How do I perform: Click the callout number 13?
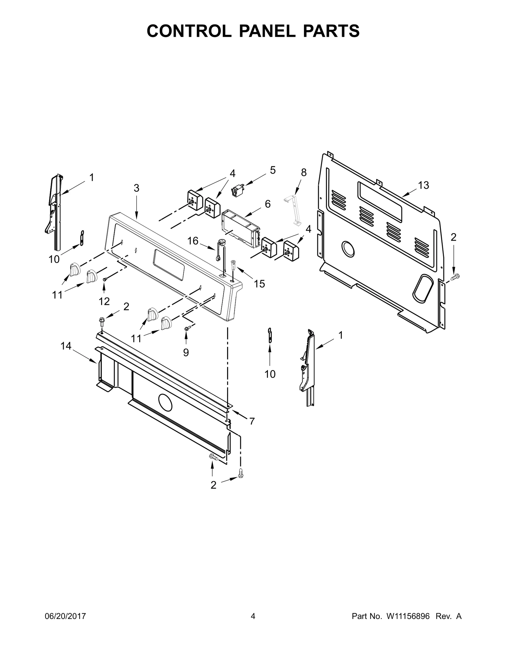423,185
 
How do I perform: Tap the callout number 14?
66,346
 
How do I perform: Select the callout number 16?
193,241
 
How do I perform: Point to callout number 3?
136,188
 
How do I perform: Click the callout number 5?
273,170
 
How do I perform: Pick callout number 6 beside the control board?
268,204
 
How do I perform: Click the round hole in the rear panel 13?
348,249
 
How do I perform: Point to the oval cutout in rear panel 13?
423,288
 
